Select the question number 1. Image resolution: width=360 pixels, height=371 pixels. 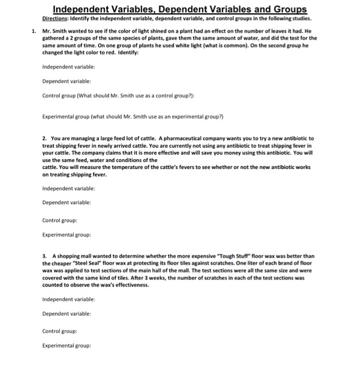34,31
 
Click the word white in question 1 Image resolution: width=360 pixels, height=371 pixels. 191,46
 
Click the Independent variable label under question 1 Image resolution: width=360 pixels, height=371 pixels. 69,67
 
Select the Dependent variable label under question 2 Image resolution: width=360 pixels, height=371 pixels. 67,202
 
